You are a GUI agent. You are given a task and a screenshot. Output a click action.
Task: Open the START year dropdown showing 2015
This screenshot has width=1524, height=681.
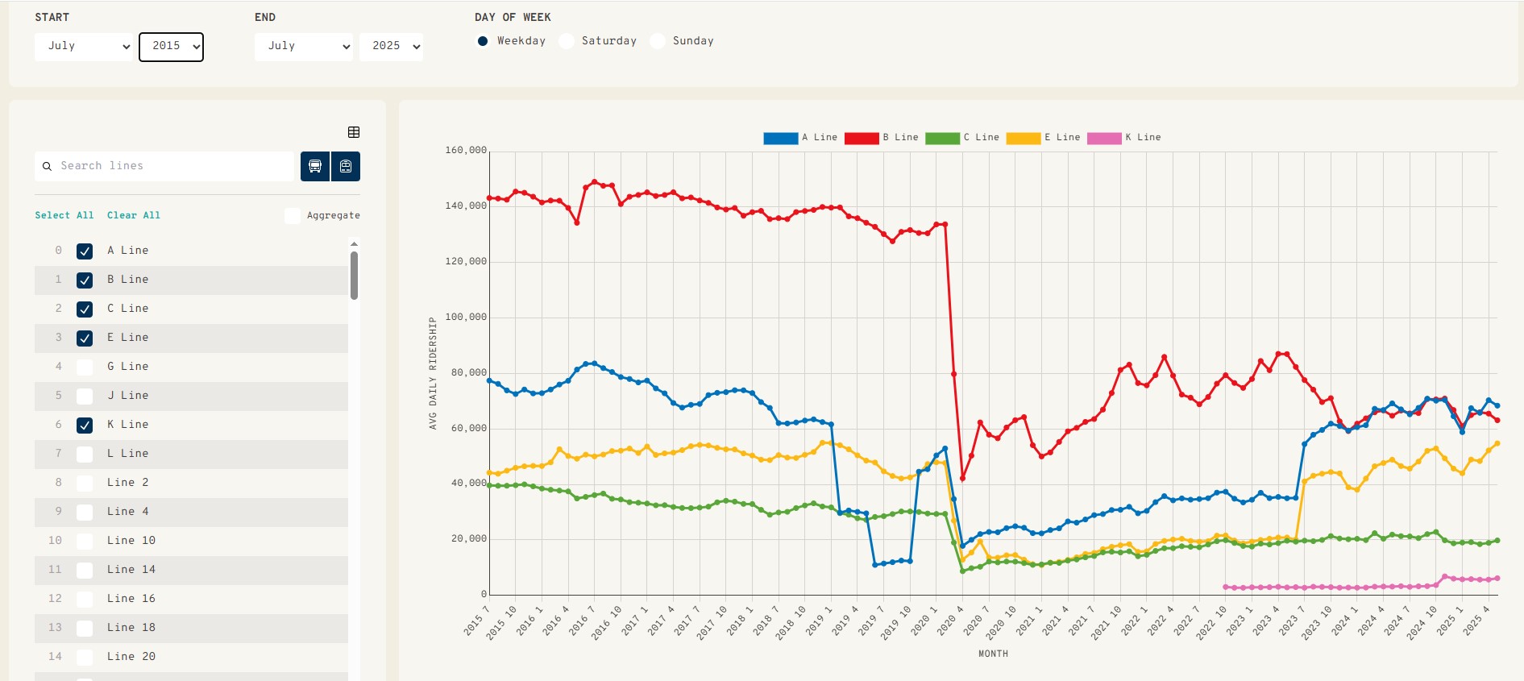[x=171, y=47]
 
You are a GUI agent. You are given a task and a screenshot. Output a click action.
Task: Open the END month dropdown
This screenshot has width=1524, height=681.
[x=304, y=47]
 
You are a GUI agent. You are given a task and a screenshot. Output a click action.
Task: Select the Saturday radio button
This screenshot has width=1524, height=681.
[x=567, y=41]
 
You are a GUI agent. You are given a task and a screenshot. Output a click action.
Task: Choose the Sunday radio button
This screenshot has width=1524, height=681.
[x=658, y=41]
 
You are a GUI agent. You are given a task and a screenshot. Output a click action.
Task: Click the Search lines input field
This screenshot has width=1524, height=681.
[x=173, y=166]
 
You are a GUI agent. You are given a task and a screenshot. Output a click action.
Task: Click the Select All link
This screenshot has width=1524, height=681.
[x=64, y=215]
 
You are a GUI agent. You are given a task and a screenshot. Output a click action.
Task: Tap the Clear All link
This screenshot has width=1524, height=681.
[x=134, y=215]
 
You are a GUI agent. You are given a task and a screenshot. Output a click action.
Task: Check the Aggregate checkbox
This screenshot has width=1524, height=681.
[x=293, y=215]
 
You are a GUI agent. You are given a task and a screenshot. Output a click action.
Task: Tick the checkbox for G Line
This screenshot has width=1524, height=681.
[x=85, y=367]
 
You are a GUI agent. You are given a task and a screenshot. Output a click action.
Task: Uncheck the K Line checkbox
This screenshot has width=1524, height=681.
[x=85, y=426]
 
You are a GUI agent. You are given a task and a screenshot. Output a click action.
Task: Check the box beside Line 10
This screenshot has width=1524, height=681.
[x=85, y=542]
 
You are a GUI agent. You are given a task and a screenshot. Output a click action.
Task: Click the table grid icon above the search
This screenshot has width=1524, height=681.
[x=354, y=132]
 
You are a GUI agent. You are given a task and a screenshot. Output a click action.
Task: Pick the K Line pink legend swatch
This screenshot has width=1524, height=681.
[x=1103, y=139]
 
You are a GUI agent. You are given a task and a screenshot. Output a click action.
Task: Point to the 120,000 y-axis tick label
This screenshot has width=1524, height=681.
[x=466, y=262]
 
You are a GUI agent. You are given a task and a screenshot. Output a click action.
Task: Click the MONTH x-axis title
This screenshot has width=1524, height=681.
[x=993, y=654]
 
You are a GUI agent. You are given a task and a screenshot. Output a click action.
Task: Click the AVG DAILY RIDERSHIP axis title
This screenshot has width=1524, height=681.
[x=433, y=372]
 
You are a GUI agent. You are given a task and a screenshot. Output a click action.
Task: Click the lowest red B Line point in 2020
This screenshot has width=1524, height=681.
[x=962, y=479]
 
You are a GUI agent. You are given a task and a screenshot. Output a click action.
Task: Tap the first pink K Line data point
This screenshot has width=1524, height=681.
[x=1225, y=587]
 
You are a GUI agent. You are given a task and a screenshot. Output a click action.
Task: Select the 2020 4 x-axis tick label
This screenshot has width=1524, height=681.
[x=949, y=621]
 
